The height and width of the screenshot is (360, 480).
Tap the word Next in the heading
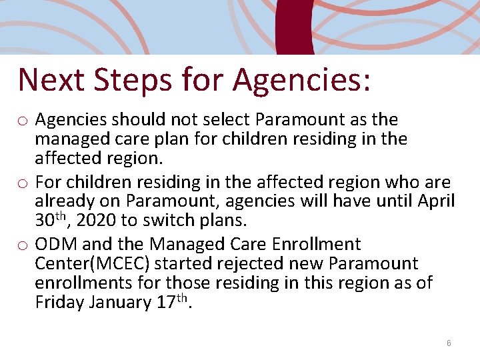pos(50,79)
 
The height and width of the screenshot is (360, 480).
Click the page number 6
pos(449,343)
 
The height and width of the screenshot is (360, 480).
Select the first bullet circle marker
pos(23,121)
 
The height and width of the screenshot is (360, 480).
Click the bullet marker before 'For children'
pos(23,183)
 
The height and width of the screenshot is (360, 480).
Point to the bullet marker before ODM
pos(23,245)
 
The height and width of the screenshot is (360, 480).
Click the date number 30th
pos(51,219)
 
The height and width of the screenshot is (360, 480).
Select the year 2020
pos(97,220)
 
